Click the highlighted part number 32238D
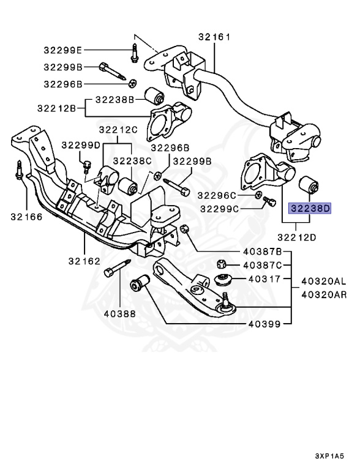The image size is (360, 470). (x=309, y=208)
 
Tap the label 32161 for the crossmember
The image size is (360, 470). (x=214, y=37)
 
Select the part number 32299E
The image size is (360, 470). (x=62, y=50)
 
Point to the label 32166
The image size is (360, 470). (x=26, y=217)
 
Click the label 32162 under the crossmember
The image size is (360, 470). (x=84, y=261)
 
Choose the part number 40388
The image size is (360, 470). (x=120, y=314)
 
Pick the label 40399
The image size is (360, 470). (x=264, y=324)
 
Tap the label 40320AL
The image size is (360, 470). (x=324, y=281)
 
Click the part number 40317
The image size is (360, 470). (x=264, y=279)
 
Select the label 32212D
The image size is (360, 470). (x=297, y=237)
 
